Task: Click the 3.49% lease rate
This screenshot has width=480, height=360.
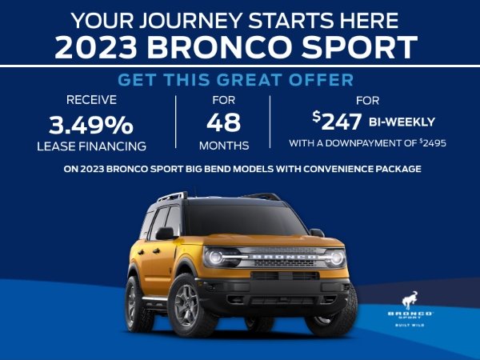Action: pyautogui.click(x=90, y=125)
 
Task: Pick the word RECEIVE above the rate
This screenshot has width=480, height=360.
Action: pyautogui.click(x=90, y=100)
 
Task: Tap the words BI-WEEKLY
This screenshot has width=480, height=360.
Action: pyautogui.click(x=402, y=122)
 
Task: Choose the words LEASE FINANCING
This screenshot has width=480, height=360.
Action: pyautogui.click(x=90, y=146)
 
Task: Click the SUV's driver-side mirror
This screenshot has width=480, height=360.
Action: pyautogui.click(x=164, y=234)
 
